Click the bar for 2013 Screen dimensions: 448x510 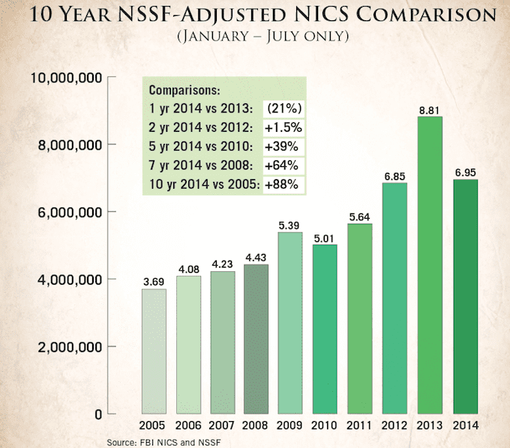pyautogui.click(x=430, y=265)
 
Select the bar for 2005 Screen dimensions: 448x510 pyautogui.click(x=154, y=351)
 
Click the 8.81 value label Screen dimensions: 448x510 pyautogui.click(x=430, y=109)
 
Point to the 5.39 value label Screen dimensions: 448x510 pyautogui.click(x=292, y=224)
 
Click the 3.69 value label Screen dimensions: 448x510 pyautogui.click(x=154, y=282)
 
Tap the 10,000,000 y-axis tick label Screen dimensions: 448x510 pyautogui.click(x=64, y=77)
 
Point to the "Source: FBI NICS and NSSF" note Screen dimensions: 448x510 pyautogui.click(x=165, y=441)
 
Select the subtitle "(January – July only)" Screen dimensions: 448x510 pyautogui.click(x=255, y=37)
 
